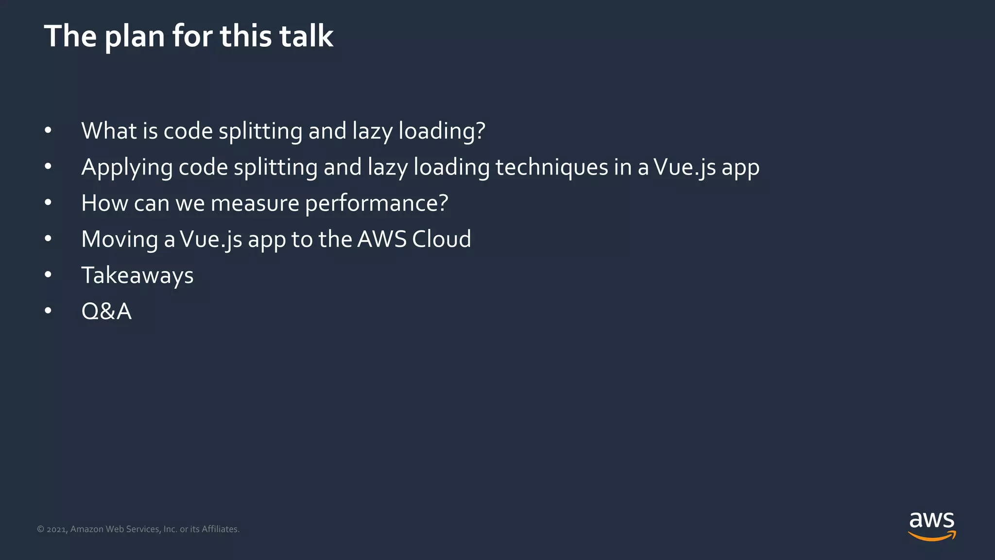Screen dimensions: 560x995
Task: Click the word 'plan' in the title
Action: point(135,37)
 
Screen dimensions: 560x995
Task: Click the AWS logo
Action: point(931,526)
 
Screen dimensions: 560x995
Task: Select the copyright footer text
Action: point(138,529)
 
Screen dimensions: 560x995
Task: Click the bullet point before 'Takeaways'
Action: point(48,275)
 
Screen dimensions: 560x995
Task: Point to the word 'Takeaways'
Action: point(137,276)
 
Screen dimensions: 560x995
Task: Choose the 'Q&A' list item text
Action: point(106,311)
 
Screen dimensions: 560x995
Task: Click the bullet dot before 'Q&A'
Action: point(48,311)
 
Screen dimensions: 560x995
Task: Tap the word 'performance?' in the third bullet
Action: point(377,203)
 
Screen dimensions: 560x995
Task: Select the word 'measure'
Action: point(255,203)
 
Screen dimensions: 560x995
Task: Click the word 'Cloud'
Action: point(441,239)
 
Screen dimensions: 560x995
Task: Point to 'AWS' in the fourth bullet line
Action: point(382,239)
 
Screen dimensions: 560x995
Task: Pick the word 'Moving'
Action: point(120,240)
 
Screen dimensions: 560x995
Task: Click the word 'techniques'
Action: point(551,168)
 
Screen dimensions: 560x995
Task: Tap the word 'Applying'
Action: point(127,168)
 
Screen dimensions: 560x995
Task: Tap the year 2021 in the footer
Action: point(57,529)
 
